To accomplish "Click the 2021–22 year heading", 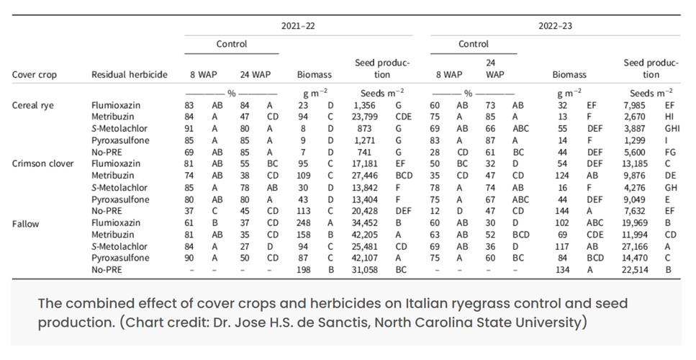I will point(298,25).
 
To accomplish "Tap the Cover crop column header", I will point(34,74).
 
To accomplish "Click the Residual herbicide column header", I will point(129,74).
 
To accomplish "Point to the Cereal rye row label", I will point(33,105).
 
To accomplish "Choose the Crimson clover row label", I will point(42,163).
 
